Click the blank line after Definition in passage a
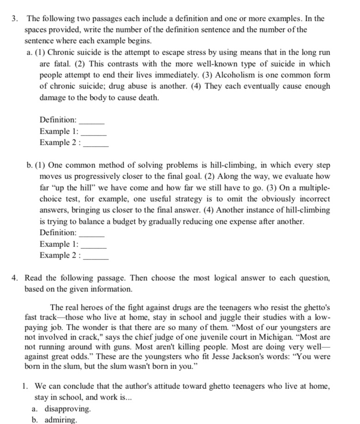tap(92, 120)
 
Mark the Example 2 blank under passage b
tap(96, 255)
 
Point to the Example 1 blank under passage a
tap(94, 131)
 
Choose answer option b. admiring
tap(60, 419)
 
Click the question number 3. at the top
tap(15, 19)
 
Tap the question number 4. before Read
tap(15, 278)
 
